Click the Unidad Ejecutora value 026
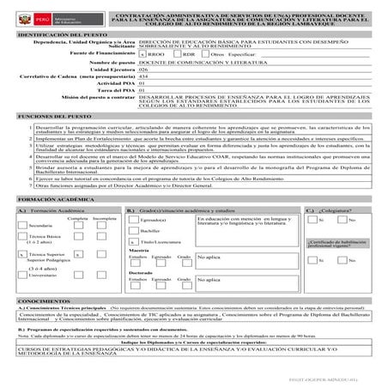[143, 70]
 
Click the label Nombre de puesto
[112, 63]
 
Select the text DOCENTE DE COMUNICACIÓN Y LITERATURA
[191, 63]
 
